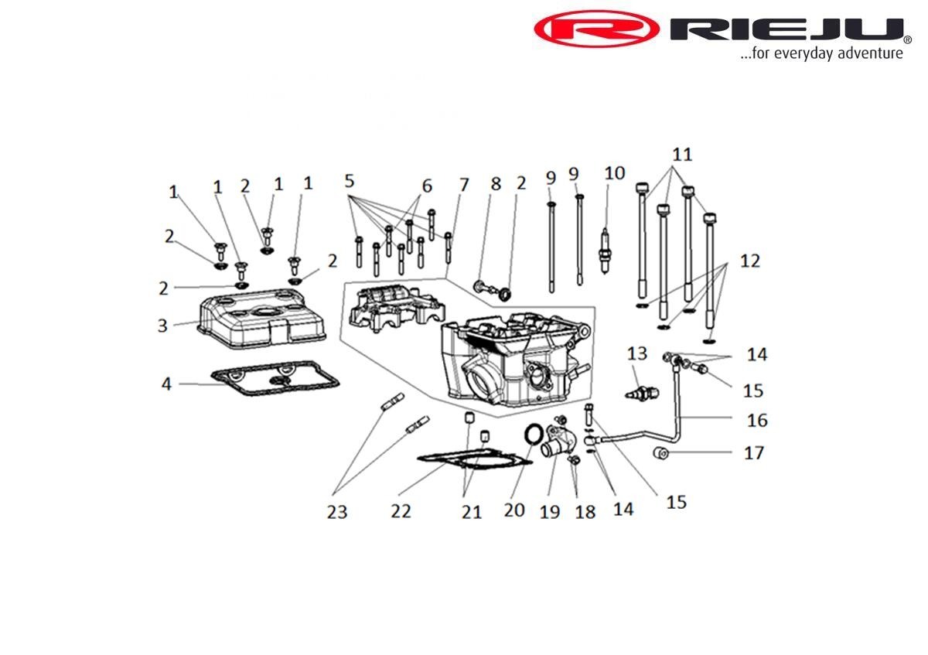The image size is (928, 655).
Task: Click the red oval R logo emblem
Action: (596, 30)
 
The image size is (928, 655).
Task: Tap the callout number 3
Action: (162, 326)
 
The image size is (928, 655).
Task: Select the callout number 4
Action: (166, 383)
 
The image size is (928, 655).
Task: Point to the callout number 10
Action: (614, 172)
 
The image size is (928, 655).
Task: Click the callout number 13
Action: (636, 354)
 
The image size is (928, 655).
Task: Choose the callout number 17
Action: (753, 452)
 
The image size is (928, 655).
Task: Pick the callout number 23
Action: (337, 511)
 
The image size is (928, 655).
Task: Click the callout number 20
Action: (513, 510)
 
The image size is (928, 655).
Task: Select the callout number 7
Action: (463, 185)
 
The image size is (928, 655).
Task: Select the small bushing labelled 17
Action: (662, 452)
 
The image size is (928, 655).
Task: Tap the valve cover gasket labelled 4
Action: (275, 380)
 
